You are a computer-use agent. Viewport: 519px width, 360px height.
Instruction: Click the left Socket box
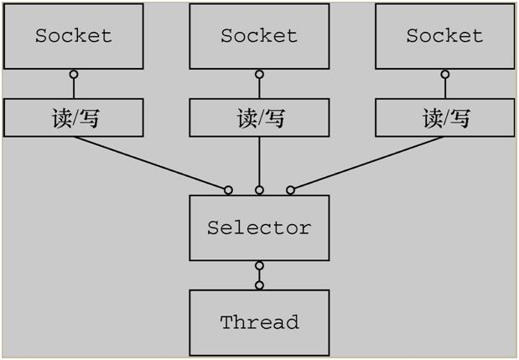coord(73,36)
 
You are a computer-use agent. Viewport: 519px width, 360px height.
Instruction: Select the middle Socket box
coord(259,36)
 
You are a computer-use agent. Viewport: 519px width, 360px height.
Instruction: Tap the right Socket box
coord(444,36)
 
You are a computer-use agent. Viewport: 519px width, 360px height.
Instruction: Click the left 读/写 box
coord(73,118)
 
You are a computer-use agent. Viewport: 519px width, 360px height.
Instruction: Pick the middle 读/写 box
coord(259,118)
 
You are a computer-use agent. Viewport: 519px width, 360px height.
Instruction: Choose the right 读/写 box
coord(444,118)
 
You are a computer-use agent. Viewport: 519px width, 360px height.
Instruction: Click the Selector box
coord(259,228)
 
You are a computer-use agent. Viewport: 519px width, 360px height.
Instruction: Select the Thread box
coord(259,322)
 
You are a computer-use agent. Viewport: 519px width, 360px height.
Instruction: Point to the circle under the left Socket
coord(73,75)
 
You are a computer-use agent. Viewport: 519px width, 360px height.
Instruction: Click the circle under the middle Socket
coord(259,75)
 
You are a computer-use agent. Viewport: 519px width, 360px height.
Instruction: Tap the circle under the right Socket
coord(444,75)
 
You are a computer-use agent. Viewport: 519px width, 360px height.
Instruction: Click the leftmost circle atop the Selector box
coord(228,190)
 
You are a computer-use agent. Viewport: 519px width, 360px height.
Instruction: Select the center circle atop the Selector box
coord(259,190)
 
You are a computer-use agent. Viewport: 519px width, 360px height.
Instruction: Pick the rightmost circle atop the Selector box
coord(291,190)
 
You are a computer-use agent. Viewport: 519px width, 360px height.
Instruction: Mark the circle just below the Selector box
coord(259,266)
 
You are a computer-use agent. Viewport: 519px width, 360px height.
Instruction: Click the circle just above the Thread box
coord(259,285)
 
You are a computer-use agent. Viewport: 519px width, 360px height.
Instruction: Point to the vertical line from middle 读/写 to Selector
coord(259,161)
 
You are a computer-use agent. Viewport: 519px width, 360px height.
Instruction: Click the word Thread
coord(259,322)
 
